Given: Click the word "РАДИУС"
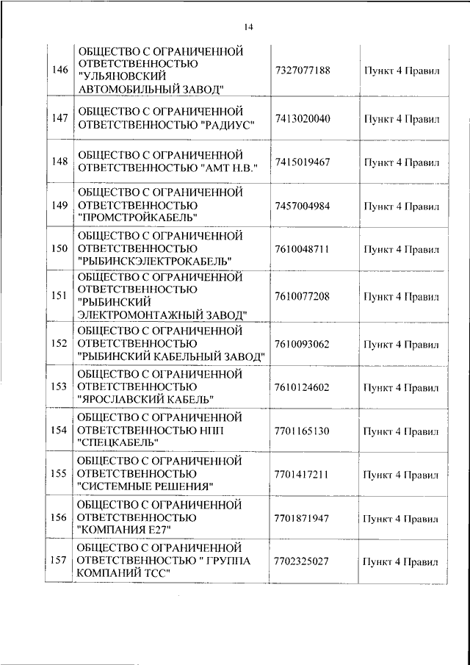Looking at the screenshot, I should (225, 126).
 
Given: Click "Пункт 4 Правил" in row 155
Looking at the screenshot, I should (401, 474).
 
